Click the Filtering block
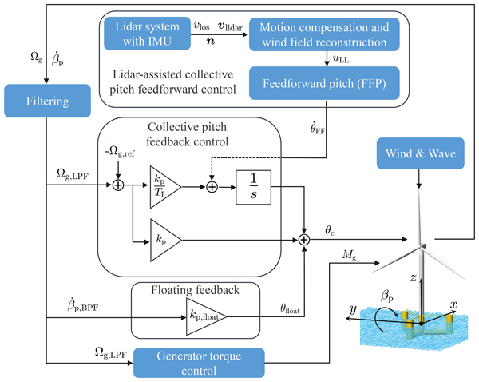(48, 102)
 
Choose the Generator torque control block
(199, 362)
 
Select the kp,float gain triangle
(206, 316)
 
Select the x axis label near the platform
(453, 304)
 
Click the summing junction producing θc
(305, 237)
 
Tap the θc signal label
(328, 228)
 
